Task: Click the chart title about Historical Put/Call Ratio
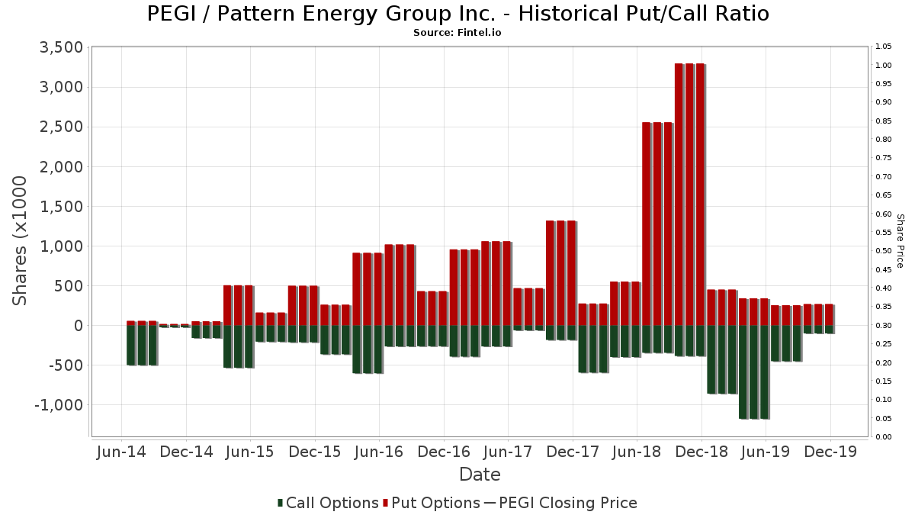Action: [457, 14]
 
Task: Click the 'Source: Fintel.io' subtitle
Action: [457, 33]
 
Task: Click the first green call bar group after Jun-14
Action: [142, 346]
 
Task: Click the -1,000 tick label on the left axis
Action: [58, 405]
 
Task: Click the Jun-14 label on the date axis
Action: [122, 452]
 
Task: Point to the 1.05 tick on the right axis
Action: [884, 47]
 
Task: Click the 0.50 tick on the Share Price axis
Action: [884, 251]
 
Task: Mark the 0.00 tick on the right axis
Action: [884, 437]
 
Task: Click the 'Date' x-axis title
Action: [480, 475]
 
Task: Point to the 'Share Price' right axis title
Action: [900, 240]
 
